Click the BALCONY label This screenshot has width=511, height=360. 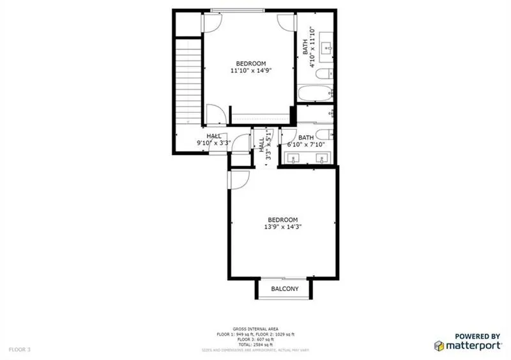click(284, 289)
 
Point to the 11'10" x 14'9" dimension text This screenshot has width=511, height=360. click(250, 71)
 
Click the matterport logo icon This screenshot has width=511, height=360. click(440, 345)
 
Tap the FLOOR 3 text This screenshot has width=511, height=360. click(19, 349)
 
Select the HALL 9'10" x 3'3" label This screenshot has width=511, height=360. click(213, 140)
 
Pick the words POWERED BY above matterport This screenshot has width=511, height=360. click(477, 336)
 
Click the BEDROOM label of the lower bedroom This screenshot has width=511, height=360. click(283, 220)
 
